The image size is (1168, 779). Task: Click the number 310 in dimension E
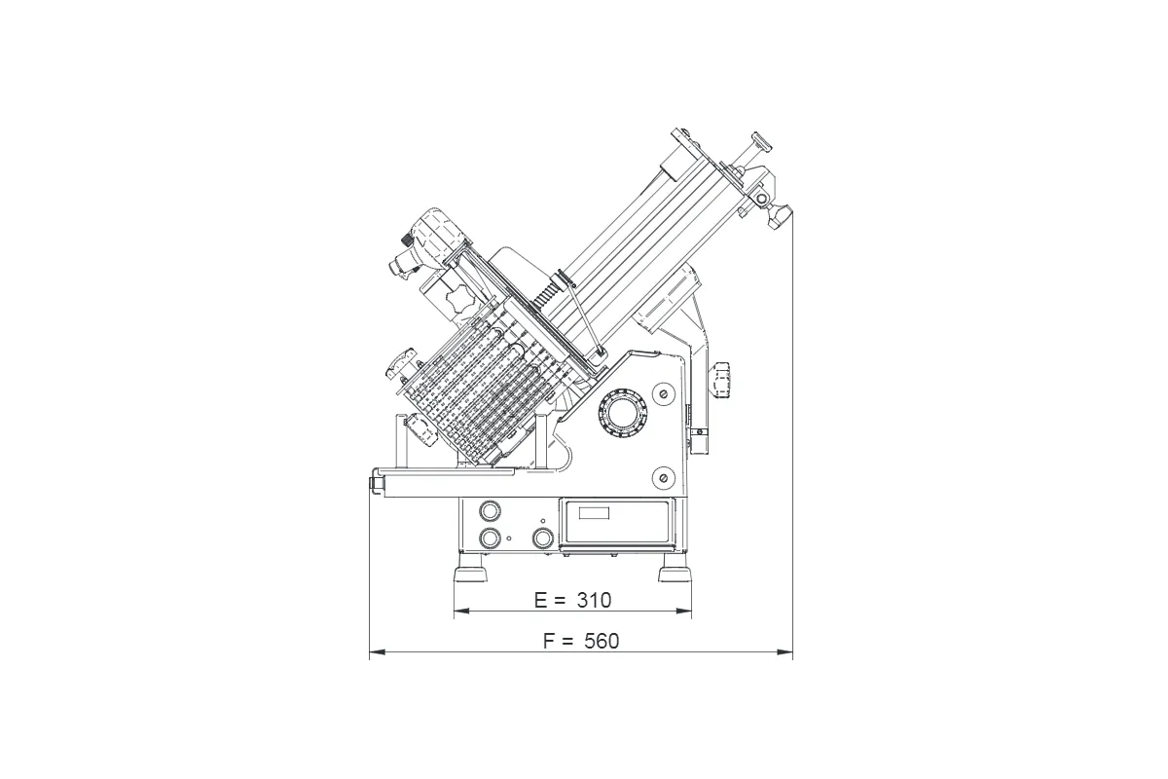click(594, 601)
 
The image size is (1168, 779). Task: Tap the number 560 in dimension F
click(602, 642)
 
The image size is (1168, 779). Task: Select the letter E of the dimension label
click(541, 601)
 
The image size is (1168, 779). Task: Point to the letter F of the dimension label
click(549, 642)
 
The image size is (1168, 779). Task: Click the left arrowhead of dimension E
click(461, 611)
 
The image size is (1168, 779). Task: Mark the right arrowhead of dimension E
click(684, 611)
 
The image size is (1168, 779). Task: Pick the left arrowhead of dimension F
click(377, 651)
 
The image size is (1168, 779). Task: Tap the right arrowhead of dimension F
click(785, 651)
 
